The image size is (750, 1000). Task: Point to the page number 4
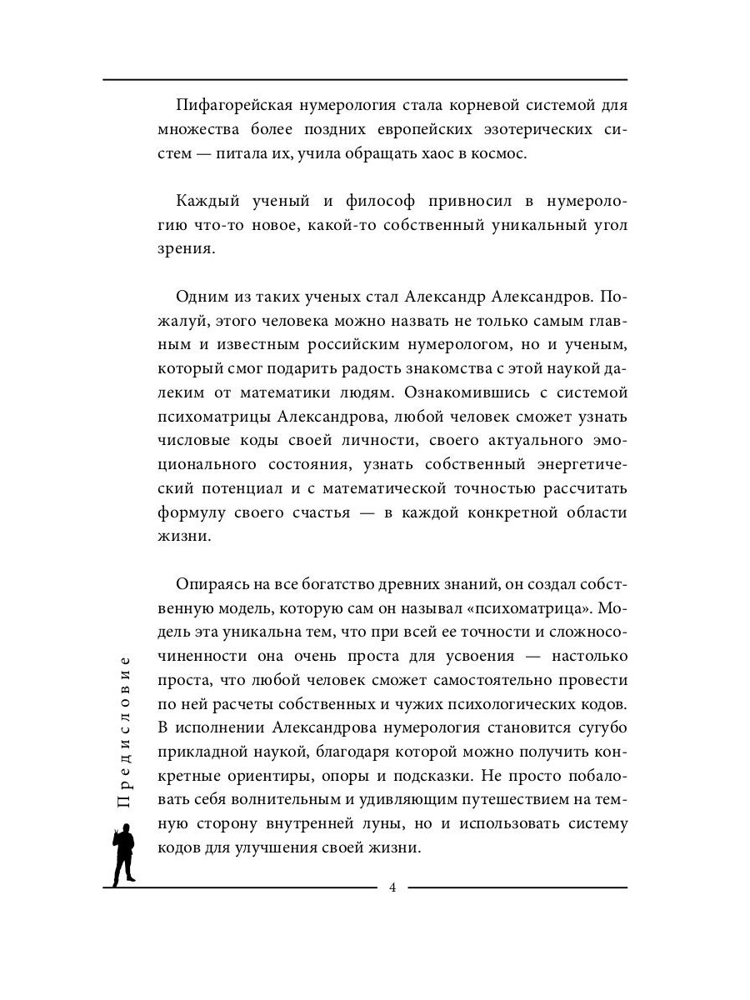(392, 887)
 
